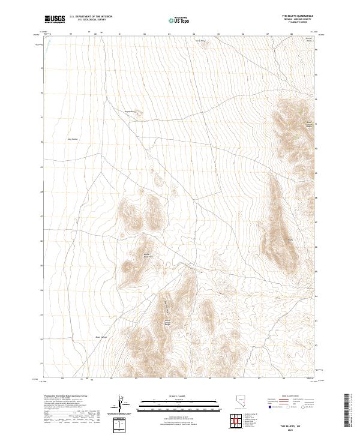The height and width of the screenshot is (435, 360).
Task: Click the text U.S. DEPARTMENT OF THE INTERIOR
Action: [91, 16]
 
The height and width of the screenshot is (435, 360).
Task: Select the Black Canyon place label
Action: [85, 337]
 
